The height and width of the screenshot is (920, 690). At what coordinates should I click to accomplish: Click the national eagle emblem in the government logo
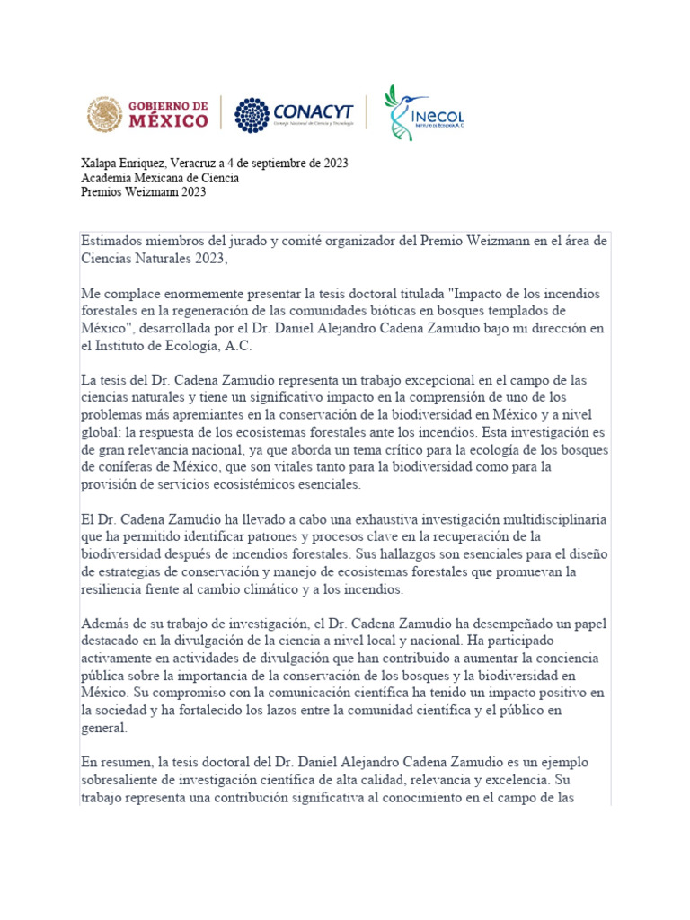coord(105,115)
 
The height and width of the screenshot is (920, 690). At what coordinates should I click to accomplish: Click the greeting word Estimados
coord(110,241)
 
